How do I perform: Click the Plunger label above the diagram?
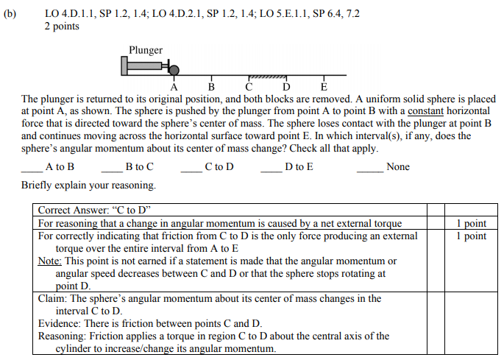146,50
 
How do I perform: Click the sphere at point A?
174,70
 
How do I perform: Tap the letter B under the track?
212,86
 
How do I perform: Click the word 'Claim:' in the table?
52,299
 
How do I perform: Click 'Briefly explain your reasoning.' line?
88,186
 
